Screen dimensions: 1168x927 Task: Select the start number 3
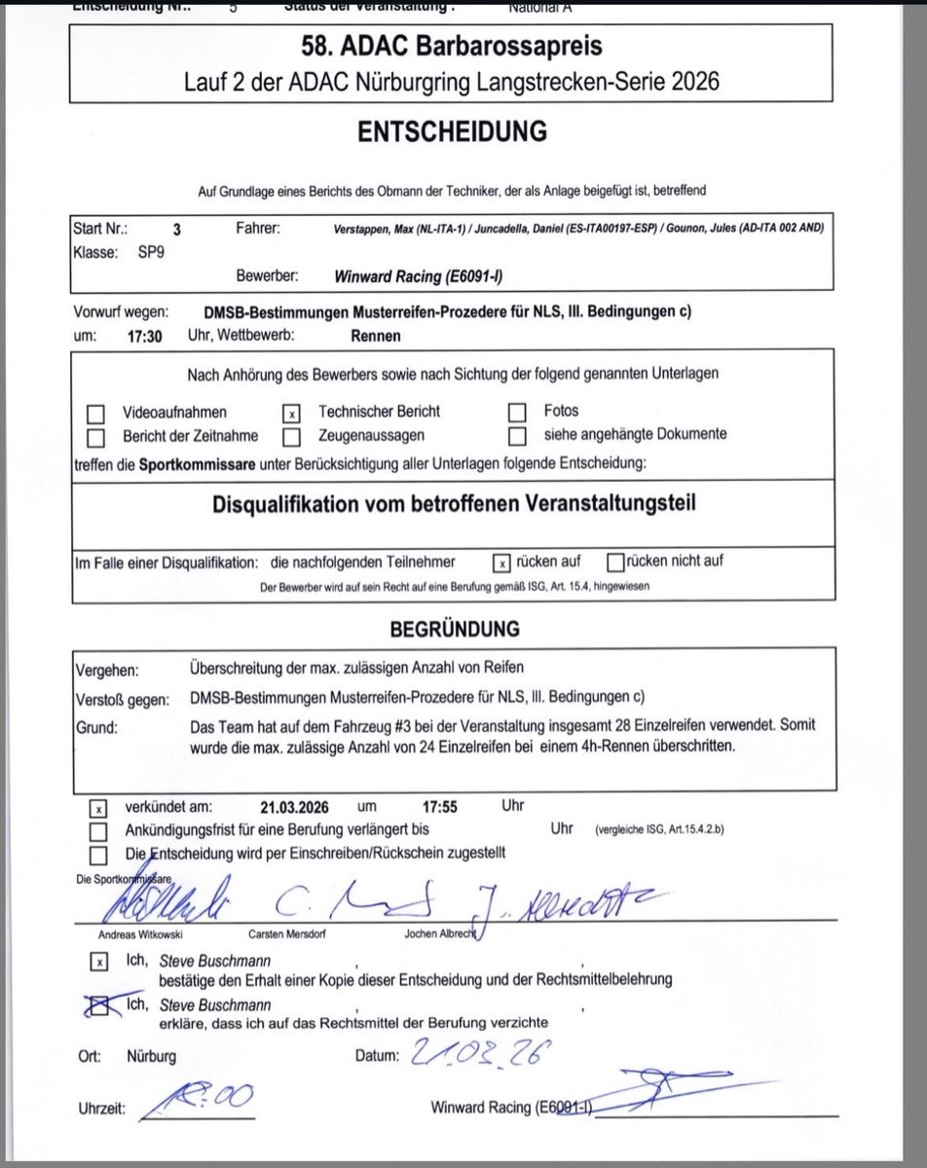pos(176,231)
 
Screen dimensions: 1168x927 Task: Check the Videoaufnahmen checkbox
pos(96,413)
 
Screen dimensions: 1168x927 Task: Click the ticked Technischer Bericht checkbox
pos(291,413)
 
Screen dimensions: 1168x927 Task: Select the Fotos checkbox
pos(518,412)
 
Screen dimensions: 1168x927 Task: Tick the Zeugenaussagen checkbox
pos(291,434)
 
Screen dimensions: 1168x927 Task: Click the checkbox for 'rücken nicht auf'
pos(614,562)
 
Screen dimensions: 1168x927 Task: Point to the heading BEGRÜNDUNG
pos(455,631)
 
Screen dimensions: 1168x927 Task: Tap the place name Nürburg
pos(151,1055)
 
